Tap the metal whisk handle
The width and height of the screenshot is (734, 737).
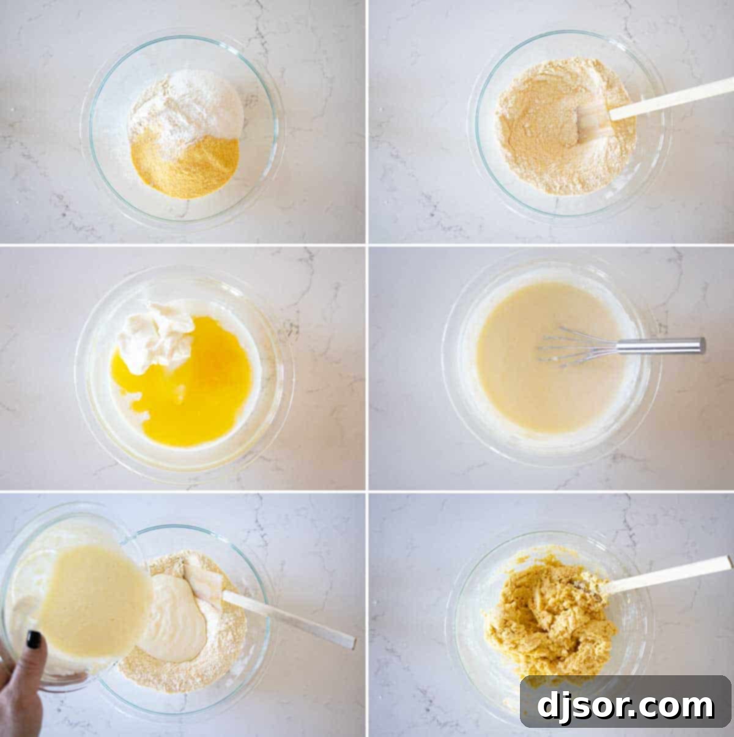tap(661, 346)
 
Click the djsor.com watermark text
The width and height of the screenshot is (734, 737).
tap(625, 706)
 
